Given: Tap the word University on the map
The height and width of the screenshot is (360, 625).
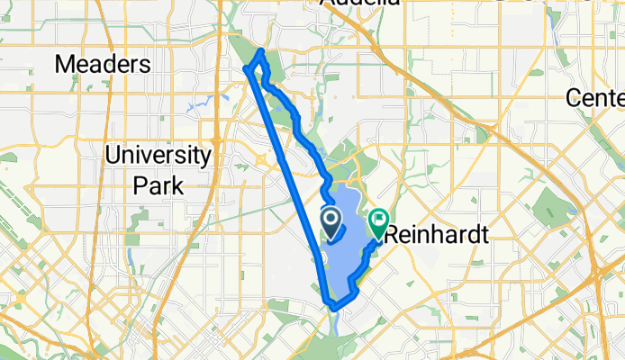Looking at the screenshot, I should coord(158,155).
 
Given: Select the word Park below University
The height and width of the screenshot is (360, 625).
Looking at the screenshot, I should coord(158,185).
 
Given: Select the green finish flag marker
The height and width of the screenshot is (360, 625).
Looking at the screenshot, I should coord(378,219).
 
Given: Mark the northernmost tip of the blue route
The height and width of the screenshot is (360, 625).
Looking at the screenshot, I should coord(262,50).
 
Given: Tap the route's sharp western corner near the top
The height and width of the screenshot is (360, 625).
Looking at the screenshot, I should coord(246,69).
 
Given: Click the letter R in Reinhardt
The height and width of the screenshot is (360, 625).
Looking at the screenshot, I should coord(391,235).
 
